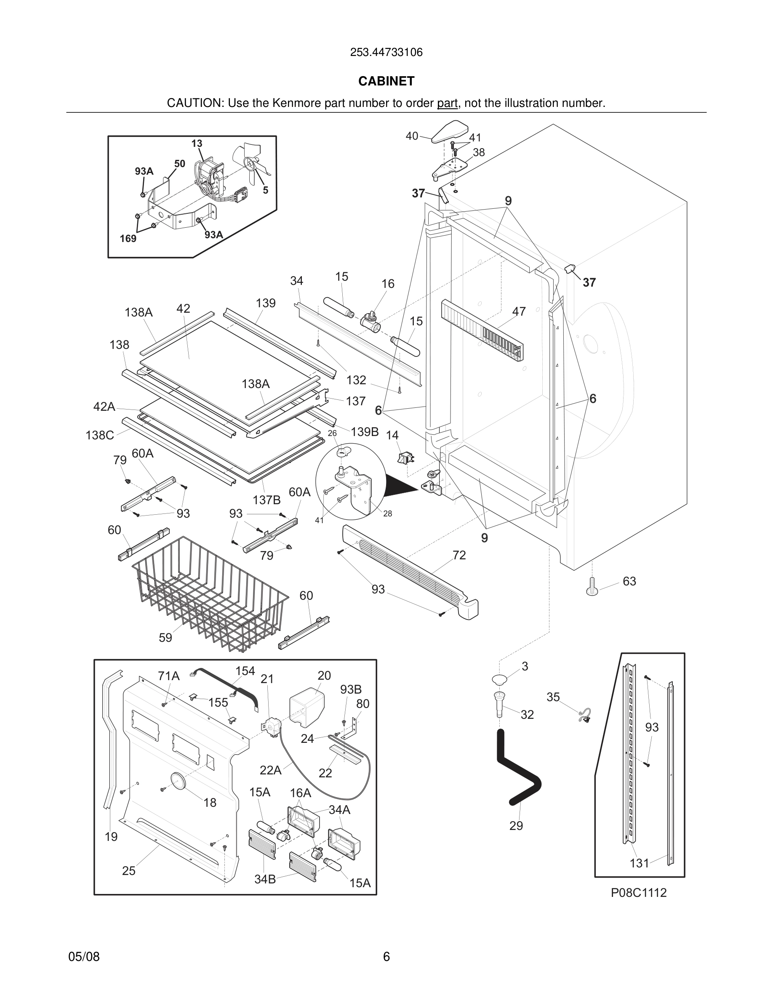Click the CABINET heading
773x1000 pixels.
(x=386, y=81)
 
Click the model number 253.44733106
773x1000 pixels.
(x=386, y=53)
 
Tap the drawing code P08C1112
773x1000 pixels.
(x=638, y=892)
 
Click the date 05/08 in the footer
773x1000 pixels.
(x=84, y=957)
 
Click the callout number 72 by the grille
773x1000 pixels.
(x=459, y=555)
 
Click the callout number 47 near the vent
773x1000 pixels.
(x=519, y=311)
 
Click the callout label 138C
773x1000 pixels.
(x=100, y=435)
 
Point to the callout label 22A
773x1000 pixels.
(x=270, y=770)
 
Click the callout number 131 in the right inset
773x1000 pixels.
(x=639, y=863)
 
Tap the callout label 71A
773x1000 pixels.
(x=168, y=676)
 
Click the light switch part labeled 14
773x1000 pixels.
(x=405, y=457)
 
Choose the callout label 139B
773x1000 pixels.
(x=365, y=432)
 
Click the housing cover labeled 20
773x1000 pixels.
(x=307, y=707)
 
